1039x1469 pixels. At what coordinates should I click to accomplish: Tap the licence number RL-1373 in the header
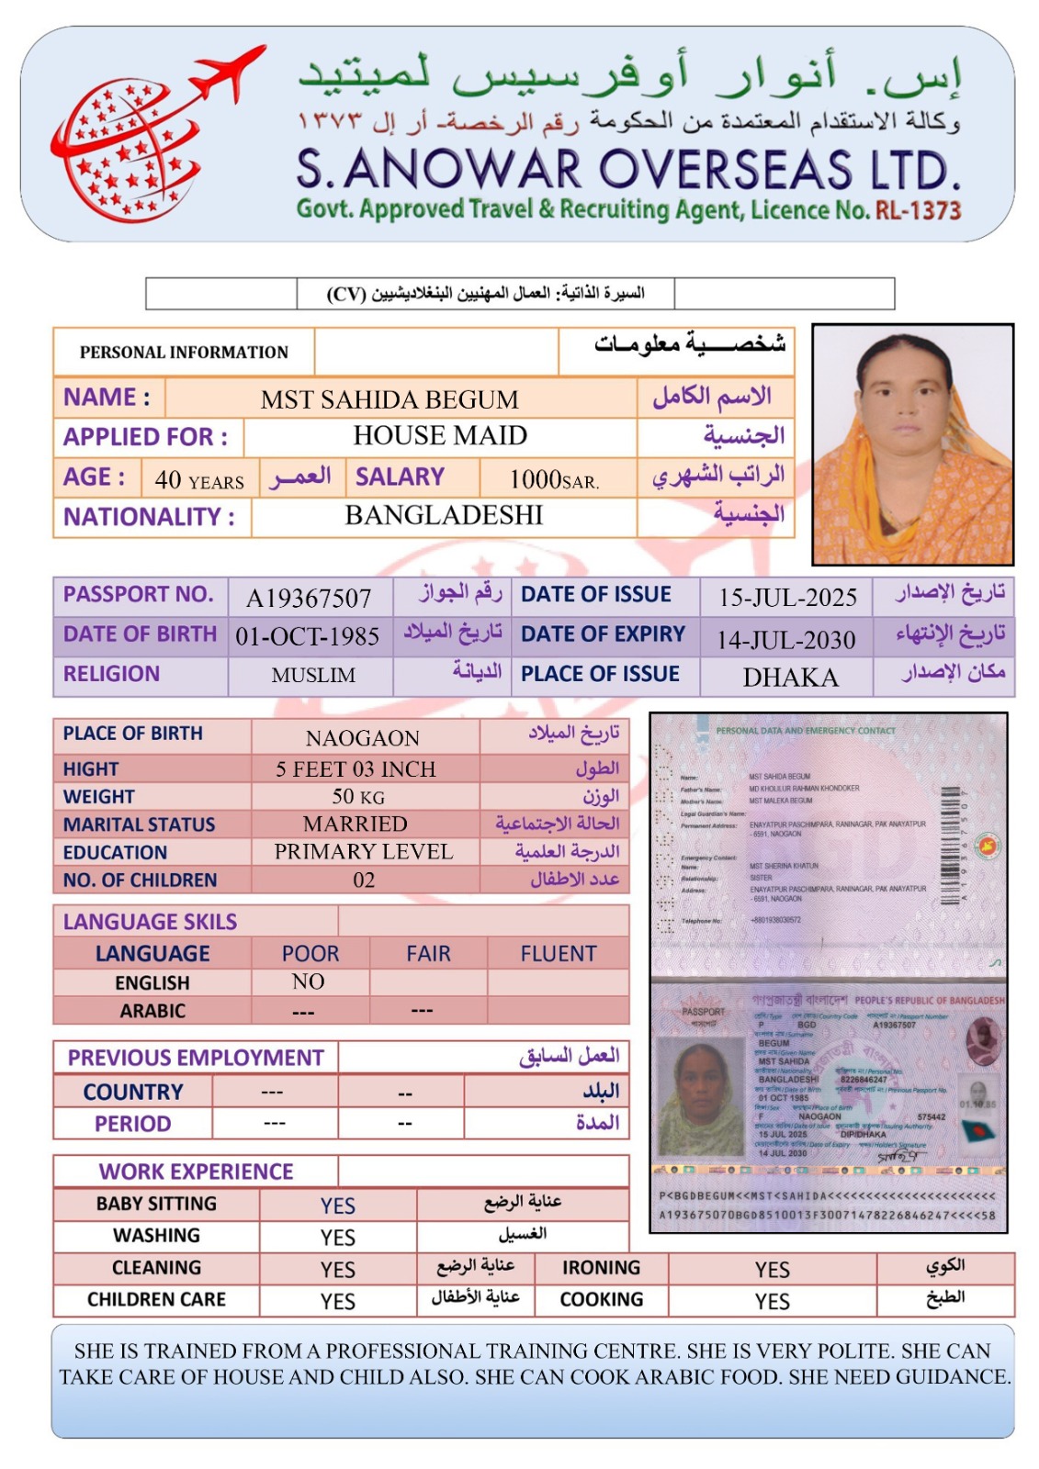[918, 210]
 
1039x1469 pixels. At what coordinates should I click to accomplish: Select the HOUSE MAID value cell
[440, 435]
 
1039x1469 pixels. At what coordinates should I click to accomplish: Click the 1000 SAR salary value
[554, 479]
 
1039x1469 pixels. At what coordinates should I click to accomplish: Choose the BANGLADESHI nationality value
[444, 515]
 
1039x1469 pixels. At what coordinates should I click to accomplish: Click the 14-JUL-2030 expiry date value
[786, 639]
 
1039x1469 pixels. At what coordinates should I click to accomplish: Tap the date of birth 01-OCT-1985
[308, 636]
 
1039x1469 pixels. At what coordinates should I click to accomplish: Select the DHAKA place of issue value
[790, 678]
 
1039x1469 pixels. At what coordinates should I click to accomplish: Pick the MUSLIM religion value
[313, 676]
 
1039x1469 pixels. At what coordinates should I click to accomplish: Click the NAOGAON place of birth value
[363, 738]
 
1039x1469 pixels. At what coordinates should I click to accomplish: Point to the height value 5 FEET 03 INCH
[356, 769]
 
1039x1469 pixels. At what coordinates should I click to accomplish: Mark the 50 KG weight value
[358, 796]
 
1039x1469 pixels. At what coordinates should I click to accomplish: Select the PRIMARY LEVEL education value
[364, 852]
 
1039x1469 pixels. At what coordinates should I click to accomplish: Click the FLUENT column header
[559, 954]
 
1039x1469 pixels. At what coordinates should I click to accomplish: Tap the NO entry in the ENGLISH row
[308, 982]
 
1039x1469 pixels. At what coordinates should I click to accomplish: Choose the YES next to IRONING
[772, 1270]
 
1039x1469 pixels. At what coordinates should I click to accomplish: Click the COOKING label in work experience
[602, 1299]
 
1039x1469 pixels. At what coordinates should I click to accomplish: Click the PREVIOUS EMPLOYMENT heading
[196, 1058]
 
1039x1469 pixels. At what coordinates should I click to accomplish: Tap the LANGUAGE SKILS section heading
[150, 922]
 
